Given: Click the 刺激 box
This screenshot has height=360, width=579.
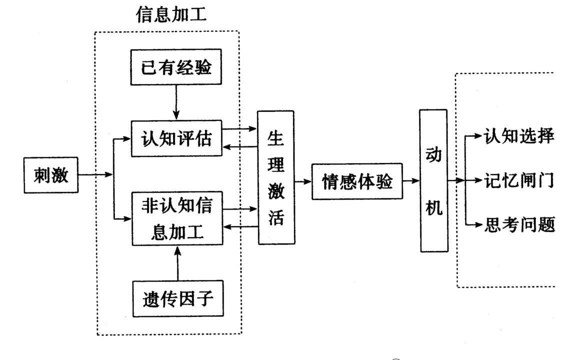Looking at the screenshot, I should pos(51,175).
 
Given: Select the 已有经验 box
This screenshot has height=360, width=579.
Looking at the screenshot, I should pos(176,68).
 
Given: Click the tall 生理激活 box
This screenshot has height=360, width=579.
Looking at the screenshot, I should pos(275,177).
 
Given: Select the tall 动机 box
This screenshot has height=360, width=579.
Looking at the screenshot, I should pos(433,181).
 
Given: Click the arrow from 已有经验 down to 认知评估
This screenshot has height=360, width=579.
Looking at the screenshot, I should pos(176,102).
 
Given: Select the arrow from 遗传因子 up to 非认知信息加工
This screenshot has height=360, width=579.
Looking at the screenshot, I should pos(176,264).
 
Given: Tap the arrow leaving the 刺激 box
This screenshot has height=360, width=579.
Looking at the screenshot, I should pos(95,175).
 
